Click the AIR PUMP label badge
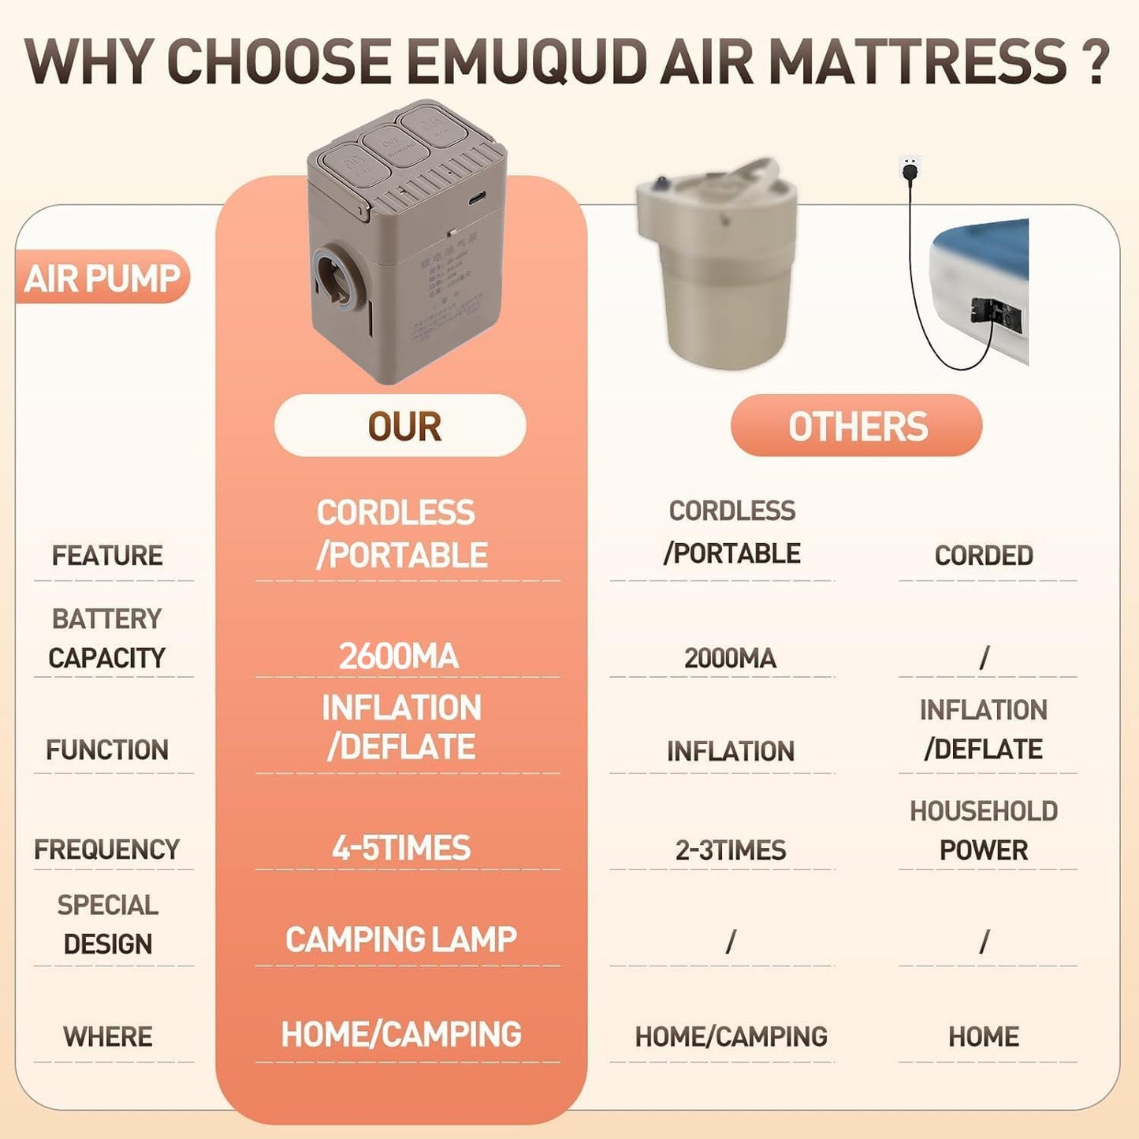point(102,277)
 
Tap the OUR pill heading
point(400,426)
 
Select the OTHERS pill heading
point(857,426)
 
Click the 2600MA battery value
point(399,656)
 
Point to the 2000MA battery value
point(730,657)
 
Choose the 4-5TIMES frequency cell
point(401,848)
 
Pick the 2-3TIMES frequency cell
point(731,850)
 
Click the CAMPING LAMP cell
point(401,939)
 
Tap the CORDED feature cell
point(984,555)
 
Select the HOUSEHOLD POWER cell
point(984,831)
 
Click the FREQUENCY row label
point(107,849)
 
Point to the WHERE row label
point(108,1036)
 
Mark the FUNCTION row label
point(107,749)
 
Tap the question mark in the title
point(1096,61)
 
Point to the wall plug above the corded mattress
point(910,169)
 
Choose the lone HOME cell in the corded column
point(984,1036)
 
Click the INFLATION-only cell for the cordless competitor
point(731,750)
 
